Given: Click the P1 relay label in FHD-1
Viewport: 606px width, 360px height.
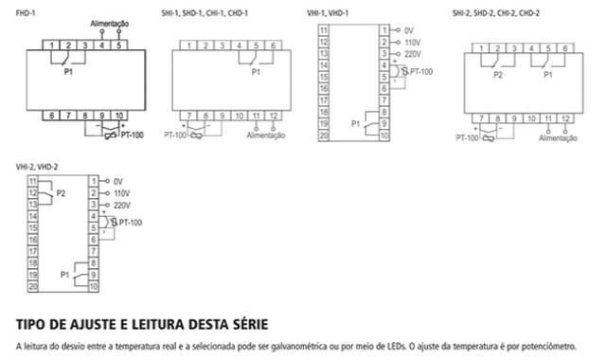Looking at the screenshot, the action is point(68,70).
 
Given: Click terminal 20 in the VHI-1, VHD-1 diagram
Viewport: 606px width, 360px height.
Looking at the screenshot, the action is point(323,136).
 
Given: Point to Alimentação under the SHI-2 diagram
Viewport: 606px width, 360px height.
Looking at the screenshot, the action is point(558,138).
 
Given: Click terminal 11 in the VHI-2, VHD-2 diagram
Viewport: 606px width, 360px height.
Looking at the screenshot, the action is point(33,180).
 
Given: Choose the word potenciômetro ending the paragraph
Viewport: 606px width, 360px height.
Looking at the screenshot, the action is point(557,347).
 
